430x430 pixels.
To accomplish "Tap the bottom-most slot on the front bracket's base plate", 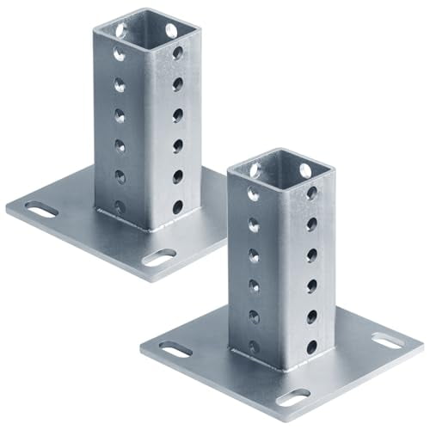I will coord(296,396).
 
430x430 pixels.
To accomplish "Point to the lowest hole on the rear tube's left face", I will coord(119,206).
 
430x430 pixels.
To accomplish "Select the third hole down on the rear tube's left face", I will coord(119,114).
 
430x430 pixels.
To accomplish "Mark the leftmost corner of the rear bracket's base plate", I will coord(7,208).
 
